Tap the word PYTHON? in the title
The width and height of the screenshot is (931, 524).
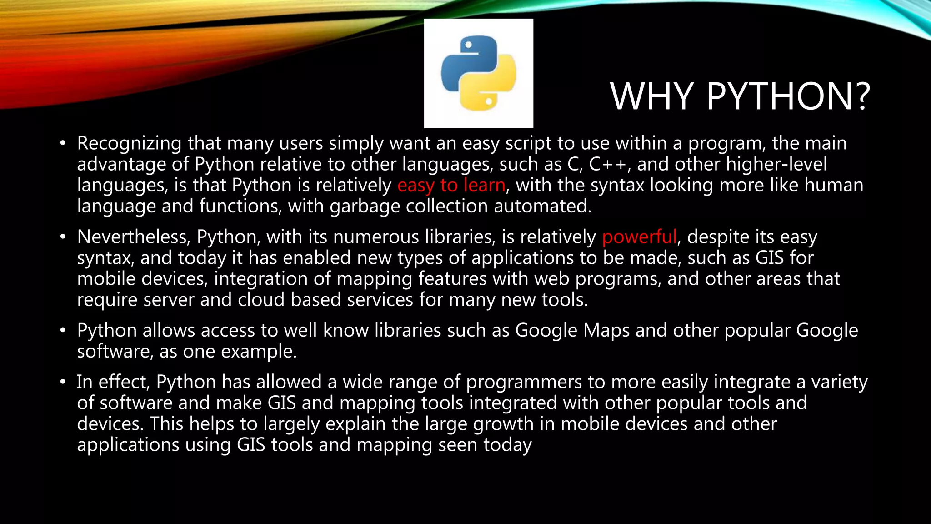[x=788, y=96]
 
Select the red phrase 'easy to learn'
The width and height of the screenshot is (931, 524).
[x=451, y=186]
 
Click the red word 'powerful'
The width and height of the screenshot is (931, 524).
[x=639, y=237]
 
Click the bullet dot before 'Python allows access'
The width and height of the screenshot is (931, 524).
[x=63, y=331]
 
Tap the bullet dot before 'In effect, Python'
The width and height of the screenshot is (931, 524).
[x=63, y=382]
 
